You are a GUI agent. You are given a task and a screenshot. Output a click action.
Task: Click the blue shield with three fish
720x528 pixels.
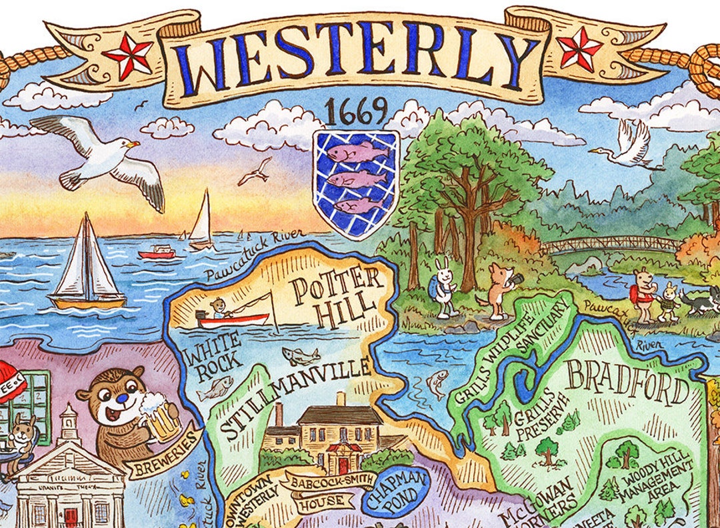pyautogui.click(x=356, y=184)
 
